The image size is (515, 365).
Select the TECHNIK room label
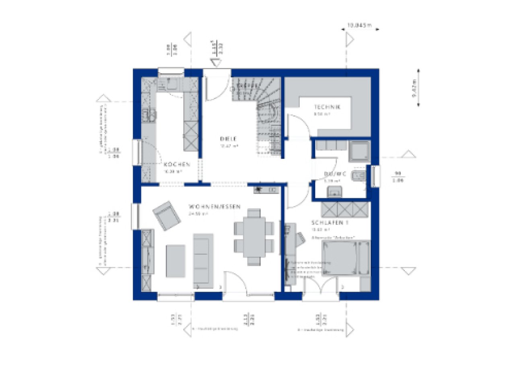click(x=328, y=107)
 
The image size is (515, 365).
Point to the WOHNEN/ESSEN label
click(x=214, y=207)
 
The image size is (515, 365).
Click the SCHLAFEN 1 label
click(x=330, y=223)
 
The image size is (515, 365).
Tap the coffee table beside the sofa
click(x=176, y=261)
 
